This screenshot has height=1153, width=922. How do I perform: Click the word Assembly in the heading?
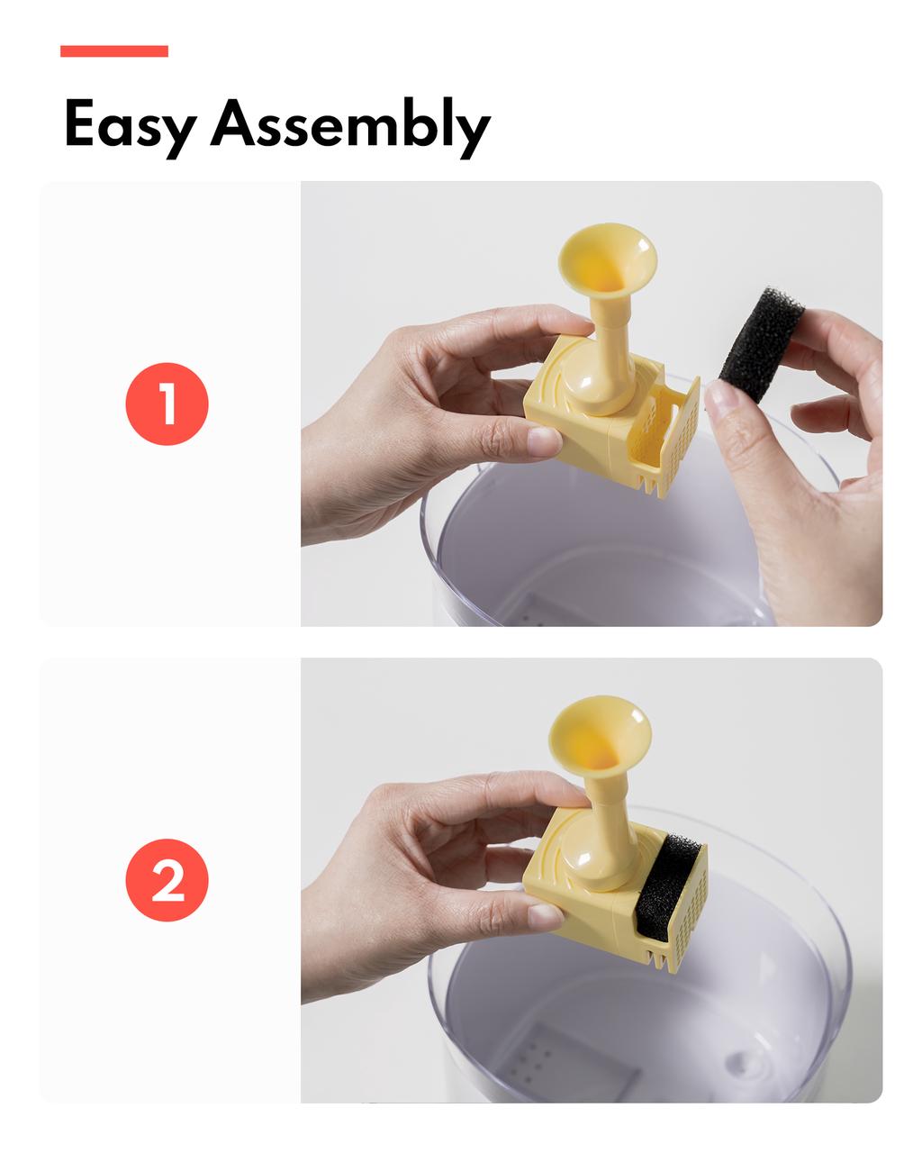coord(350,126)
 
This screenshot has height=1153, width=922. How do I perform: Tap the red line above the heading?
coord(114,51)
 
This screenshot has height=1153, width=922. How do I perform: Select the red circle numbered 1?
coord(167,404)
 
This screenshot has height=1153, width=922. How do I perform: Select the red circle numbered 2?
coord(167,880)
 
